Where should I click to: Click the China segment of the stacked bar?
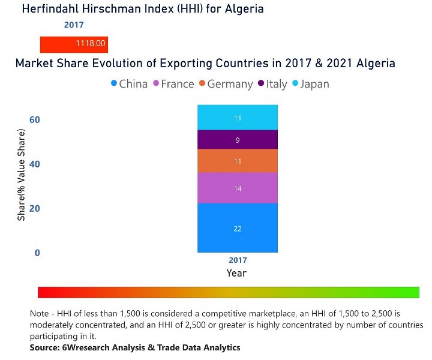point(238,228)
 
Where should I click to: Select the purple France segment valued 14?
point(238,188)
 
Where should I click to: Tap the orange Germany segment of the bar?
point(238,161)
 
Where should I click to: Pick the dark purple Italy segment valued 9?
point(238,140)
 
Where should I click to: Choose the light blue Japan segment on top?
point(238,118)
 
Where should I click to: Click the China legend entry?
point(129,84)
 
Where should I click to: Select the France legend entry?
point(173,84)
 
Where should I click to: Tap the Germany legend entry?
point(226,84)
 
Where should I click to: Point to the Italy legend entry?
point(272,84)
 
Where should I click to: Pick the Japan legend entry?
point(310,84)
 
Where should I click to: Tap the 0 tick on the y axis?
point(37,253)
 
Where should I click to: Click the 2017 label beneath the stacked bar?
point(238,261)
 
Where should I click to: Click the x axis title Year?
point(236,273)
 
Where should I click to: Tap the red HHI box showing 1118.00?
point(74,44)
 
